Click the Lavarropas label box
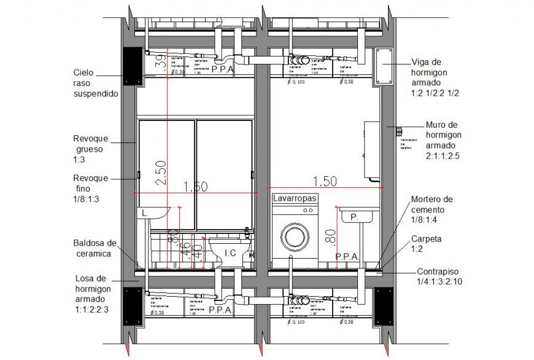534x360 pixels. (295, 198)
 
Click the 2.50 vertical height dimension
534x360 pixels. (160, 174)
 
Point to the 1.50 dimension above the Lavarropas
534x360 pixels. (325, 181)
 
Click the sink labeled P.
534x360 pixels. (354, 217)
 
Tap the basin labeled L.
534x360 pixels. (151, 213)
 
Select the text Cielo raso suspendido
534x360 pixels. (95, 83)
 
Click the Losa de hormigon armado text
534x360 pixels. (92, 293)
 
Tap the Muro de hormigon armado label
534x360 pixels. (442, 140)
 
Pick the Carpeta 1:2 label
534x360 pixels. (426, 244)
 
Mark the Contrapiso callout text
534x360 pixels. (439, 276)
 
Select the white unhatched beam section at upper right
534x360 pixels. (384, 66)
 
